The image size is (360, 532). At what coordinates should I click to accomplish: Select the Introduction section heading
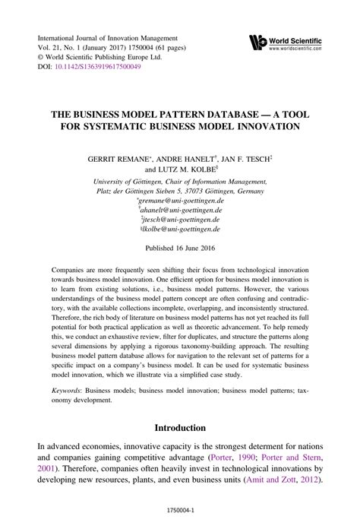[180, 429]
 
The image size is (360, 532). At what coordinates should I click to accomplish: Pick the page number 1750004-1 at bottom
[180, 519]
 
